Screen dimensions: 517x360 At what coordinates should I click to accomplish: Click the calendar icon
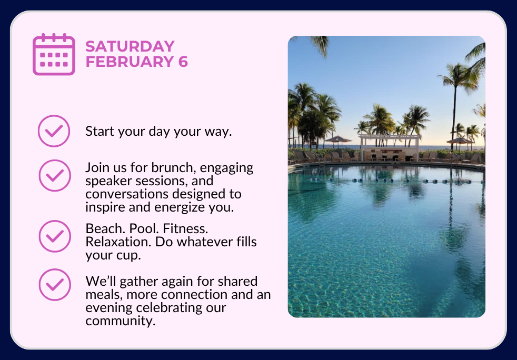pos(54,54)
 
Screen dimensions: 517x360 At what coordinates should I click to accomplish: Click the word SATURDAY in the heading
pos(130,46)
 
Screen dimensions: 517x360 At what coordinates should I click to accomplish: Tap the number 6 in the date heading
pos(183,62)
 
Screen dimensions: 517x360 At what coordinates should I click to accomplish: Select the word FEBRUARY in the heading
pos(130,62)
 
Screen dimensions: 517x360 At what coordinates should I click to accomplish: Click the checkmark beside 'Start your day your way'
pos(54,131)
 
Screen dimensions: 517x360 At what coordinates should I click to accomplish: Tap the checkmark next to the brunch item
pos(55,175)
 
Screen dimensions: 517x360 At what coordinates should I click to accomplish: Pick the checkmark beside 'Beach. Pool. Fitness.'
pos(55,236)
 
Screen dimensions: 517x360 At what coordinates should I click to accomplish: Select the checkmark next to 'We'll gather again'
pos(55,285)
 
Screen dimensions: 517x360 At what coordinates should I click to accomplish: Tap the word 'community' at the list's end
pos(121,321)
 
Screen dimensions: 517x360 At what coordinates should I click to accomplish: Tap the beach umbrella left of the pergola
pos(337,139)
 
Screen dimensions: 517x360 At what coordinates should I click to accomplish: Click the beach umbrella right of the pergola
pos(460,141)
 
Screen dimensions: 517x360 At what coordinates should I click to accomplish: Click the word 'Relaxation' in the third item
pos(118,242)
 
